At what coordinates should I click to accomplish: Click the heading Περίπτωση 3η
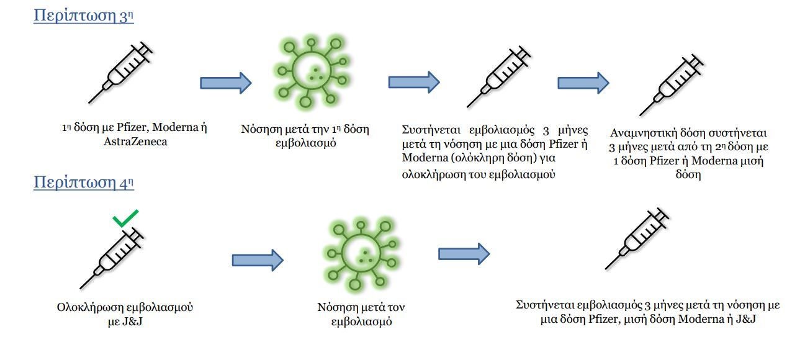(84, 16)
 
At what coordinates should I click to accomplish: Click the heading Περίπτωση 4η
(84, 182)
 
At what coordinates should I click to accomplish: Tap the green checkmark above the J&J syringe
(125, 218)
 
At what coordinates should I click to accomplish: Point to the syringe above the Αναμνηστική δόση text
(672, 85)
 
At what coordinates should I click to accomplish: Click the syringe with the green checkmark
(112, 258)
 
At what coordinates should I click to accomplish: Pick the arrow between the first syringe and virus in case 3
(226, 83)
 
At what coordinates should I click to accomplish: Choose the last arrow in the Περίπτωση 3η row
(583, 83)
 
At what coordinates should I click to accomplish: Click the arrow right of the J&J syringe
(258, 260)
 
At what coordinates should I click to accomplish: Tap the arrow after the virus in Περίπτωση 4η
(464, 254)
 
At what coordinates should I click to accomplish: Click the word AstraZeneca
(135, 142)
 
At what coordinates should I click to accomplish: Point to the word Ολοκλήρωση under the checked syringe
(90, 308)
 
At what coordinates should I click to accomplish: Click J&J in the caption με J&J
(132, 322)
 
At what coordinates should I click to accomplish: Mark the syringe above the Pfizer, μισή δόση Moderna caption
(637, 239)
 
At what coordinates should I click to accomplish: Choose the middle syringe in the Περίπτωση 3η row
(498, 76)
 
